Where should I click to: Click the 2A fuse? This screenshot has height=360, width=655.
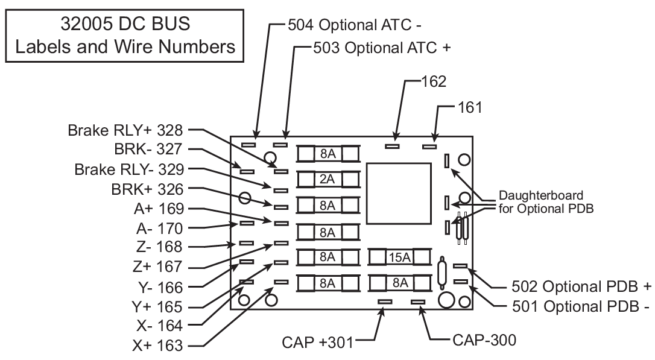click(327, 179)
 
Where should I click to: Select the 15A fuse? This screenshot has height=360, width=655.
click(398, 258)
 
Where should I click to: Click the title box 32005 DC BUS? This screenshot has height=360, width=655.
click(126, 34)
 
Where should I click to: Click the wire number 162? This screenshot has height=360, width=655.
click(434, 81)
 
